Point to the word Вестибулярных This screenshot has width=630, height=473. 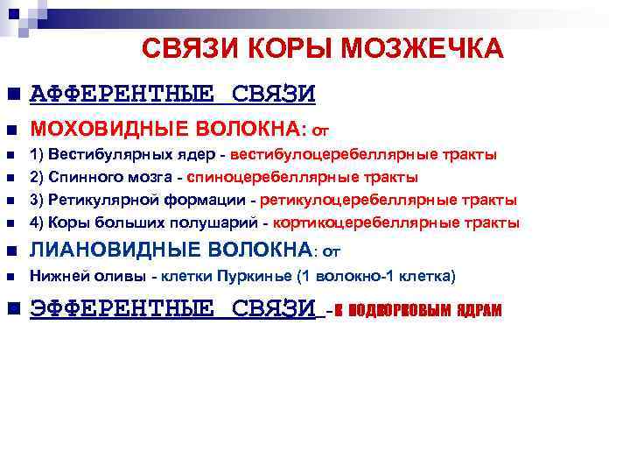tap(97, 154)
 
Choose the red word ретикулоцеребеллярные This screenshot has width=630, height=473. tap(360, 200)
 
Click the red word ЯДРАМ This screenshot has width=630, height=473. tap(478, 312)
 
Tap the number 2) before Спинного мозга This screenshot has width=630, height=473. tap(37, 177)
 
